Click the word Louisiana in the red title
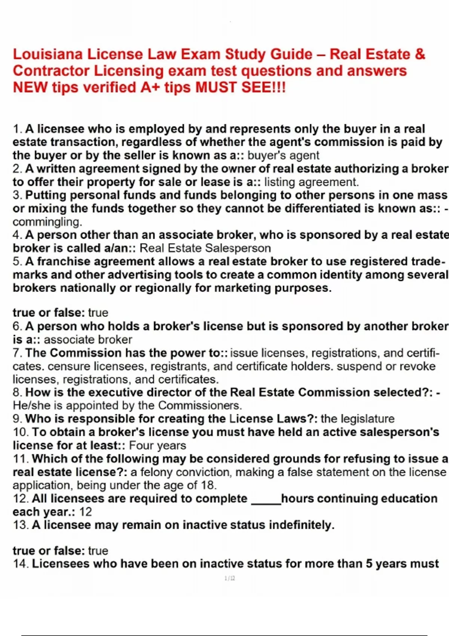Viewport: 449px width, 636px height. click(x=48, y=54)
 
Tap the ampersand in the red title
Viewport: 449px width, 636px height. click(x=420, y=54)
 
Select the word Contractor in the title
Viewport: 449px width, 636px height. click(x=51, y=71)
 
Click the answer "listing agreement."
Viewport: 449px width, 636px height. click(x=311, y=182)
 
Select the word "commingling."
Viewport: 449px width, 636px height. click(x=47, y=222)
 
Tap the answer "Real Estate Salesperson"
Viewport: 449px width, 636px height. click(x=205, y=248)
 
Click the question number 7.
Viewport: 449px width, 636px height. click(x=17, y=353)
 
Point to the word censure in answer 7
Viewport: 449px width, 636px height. click(x=69, y=366)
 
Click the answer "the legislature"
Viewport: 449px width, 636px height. click(x=357, y=418)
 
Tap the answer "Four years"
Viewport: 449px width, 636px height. click(x=158, y=445)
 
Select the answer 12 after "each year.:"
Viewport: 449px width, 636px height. click(x=86, y=511)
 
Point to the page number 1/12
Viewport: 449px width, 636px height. click(x=230, y=578)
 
